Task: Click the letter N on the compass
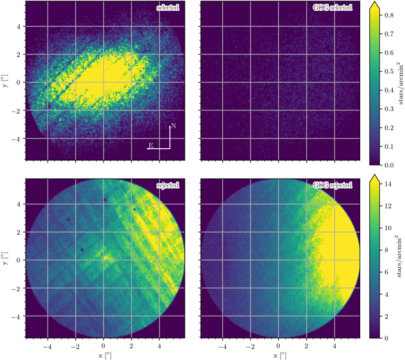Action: [x=173, y=126]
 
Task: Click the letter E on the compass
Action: [x=151, y=145]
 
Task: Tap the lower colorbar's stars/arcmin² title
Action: [x=400, y=257]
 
